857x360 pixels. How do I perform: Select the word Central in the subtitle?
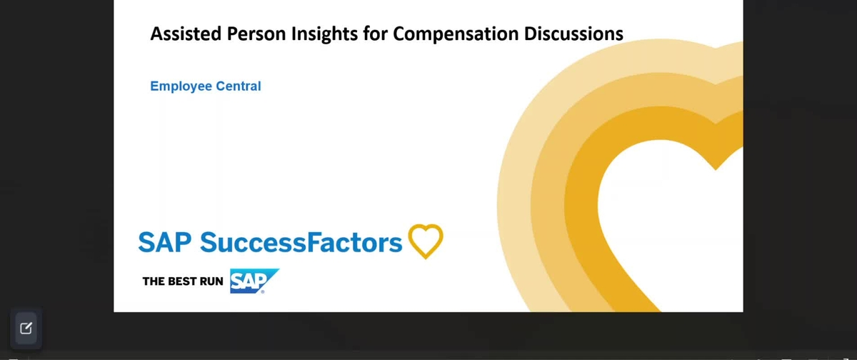coord(239,86)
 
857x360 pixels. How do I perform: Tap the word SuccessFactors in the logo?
coord(301,243)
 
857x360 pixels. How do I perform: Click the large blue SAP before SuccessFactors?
coord(165,243)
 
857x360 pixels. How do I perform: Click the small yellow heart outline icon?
coord(426,241)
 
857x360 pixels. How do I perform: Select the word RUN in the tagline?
coord(211,281)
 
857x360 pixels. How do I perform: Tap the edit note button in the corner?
coord(26,329)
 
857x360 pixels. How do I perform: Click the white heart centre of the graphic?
coord(671,214)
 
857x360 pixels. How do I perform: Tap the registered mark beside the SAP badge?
coord(262,291)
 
